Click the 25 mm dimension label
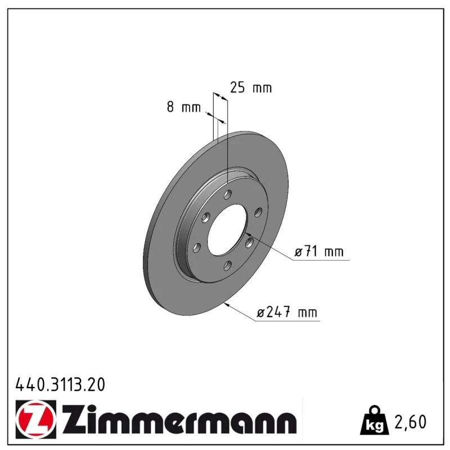[251, 88]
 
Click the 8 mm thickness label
[184, 107]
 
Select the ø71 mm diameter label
[319, 251]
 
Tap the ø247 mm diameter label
[287, 312]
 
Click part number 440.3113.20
[60, 385]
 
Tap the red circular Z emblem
[36, 419]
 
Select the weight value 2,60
[411, 422]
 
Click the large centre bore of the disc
[227, 229]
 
